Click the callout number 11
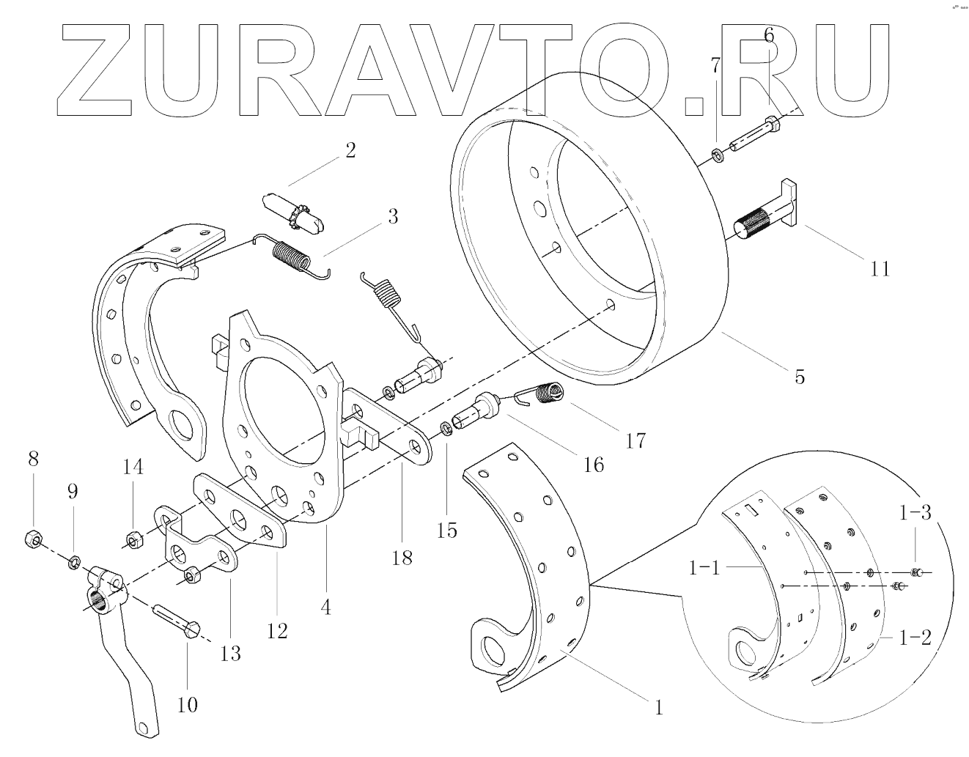[x=880, y=269]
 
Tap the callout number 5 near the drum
[x=799, y=377]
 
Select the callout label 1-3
[x=916, y=513]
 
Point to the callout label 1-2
[x=916, y=638]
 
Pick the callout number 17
[x=635, y=440]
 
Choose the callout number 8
[x=33, y=459]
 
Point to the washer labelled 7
[x=718, y=155]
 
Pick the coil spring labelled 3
[x=290, y=256]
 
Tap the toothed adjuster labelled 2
[x=294, y=209]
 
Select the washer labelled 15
[x=445, y=428]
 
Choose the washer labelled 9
[x=74, y=563]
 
